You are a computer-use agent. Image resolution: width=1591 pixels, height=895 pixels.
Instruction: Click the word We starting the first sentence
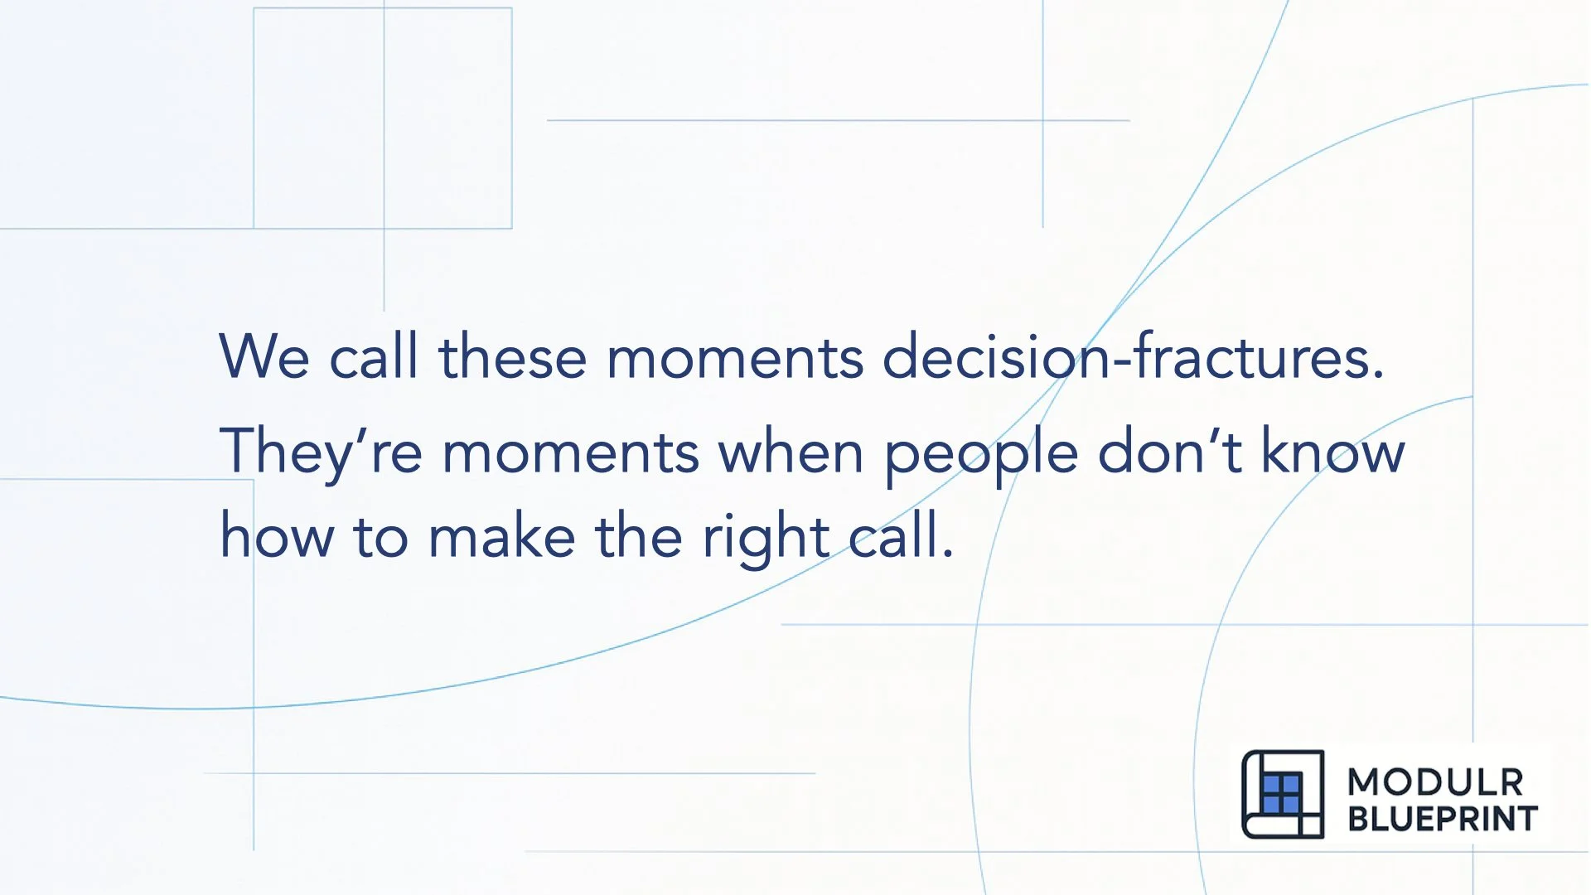pos(264,356)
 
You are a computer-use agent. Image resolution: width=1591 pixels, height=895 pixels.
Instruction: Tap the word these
pos(512,356)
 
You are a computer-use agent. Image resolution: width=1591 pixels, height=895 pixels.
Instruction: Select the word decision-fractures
pos(1133,356)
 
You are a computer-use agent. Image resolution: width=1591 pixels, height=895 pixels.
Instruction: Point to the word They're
pos(320,452)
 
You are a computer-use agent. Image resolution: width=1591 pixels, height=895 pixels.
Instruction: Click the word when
pos(791,452)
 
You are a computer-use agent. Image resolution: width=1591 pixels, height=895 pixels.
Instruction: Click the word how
pos(277,536)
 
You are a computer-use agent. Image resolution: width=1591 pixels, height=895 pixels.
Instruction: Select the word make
pos(501,536)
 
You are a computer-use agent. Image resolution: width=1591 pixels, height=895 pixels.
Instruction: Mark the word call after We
pos(373,356)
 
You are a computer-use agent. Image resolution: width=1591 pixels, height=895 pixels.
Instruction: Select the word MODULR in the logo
pos(1435,782)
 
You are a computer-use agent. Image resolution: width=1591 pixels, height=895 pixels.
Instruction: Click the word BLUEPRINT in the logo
pos(1443,819)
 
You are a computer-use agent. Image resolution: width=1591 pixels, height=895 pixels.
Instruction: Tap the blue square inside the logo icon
pos(1281,794)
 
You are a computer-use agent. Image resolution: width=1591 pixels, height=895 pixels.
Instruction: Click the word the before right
pos(638,536)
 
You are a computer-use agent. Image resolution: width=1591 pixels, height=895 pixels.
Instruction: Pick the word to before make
pos(380,536)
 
